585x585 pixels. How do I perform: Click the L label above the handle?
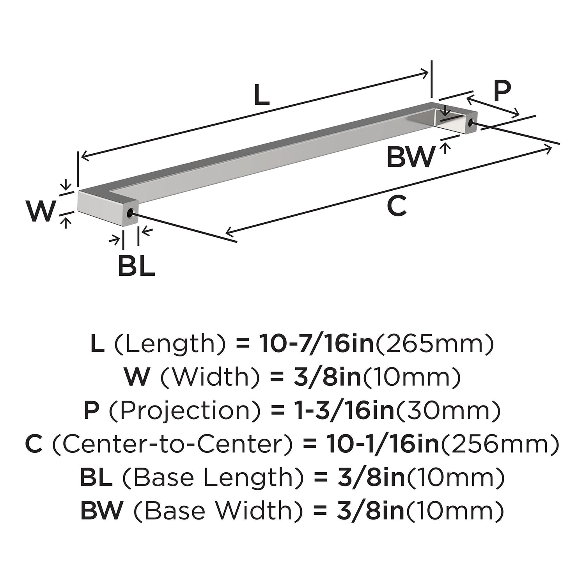pos(262,95)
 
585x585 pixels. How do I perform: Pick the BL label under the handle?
pos(136,266)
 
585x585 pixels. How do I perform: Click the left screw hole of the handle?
pos(130,213)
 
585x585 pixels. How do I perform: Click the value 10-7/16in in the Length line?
pos(316,344)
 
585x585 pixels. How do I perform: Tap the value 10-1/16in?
pos(383,444)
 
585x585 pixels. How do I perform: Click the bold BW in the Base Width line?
pos(102,511)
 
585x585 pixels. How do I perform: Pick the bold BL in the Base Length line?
pos(96,477)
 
